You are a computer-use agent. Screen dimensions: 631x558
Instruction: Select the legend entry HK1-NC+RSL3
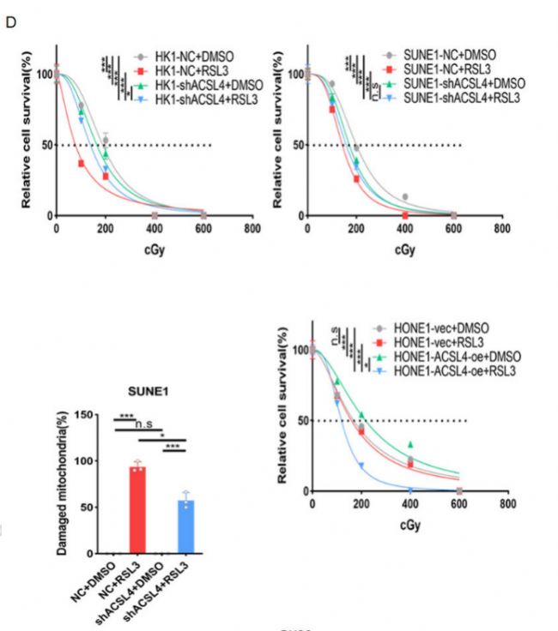(x=190, y=69)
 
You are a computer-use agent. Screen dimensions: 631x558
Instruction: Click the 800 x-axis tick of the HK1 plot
(x=252, y=230)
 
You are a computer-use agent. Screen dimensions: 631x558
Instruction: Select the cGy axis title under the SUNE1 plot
(x=405, y=250)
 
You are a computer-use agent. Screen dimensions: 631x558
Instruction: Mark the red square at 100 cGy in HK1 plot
(x=82, y=163)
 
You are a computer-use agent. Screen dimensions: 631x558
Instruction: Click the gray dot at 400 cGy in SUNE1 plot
(x=405, y=197)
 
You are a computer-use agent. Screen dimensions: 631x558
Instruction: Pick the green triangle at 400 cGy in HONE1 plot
(x=410, y=444)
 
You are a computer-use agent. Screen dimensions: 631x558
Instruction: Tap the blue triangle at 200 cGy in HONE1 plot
(x=361, y=466)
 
